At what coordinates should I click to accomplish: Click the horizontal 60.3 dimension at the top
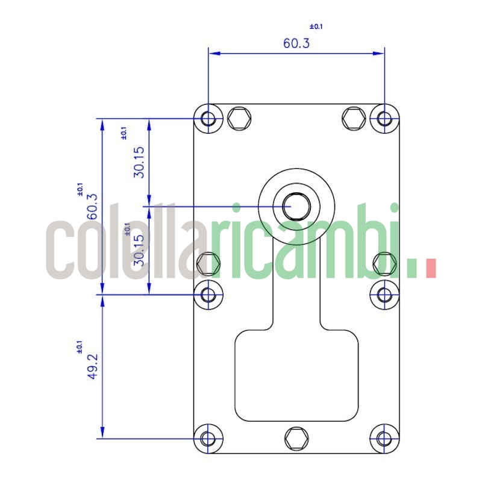click(296, 43)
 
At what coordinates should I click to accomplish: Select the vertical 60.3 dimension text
click(92, 207)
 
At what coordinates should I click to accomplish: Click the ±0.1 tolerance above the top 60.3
click(316, 27)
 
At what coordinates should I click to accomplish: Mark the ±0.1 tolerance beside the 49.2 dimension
click(79, 348)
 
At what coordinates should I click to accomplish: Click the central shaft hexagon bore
click(296, 206)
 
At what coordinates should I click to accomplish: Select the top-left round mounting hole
click(208, 118)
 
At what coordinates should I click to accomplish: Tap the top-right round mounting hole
click(384, 118)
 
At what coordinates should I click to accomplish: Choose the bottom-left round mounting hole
click(208, 438)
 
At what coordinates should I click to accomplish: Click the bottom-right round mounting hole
click(384, 438)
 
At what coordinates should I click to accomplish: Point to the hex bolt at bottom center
click(296, 438)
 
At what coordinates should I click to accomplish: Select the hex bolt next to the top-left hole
click(240, 117)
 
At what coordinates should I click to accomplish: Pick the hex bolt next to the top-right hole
click(353, 117)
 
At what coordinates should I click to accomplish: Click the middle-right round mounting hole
click(384, 295)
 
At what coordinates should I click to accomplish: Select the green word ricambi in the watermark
click(307, 244)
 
